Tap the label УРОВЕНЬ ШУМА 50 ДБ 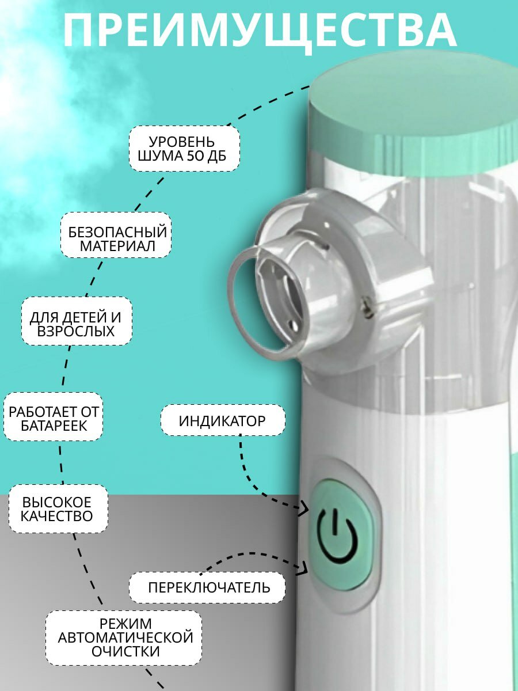[x=184, y=149]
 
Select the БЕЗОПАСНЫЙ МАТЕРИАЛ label [x=117, y=240]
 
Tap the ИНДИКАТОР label [x=222, y=420]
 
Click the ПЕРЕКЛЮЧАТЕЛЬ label [x=208, y=587]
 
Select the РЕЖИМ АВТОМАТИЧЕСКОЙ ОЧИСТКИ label [x=125, y=637]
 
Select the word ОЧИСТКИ [x=125, y=651]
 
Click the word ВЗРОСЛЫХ [x=76, y=331]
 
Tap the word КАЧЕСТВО [x=57, y=516]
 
